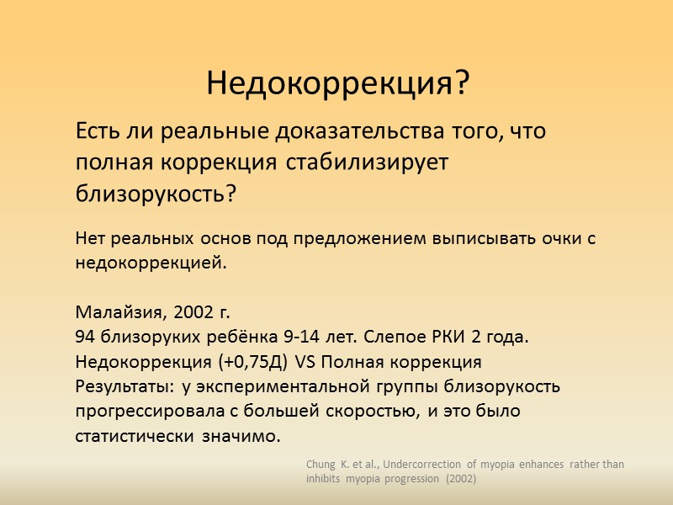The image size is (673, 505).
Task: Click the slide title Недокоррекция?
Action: (x=336, y=83)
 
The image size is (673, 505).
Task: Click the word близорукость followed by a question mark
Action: (x=156, y=194)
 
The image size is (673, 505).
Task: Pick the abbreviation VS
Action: (x=304, y=363)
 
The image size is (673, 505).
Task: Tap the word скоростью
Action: (x=377, y=412)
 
